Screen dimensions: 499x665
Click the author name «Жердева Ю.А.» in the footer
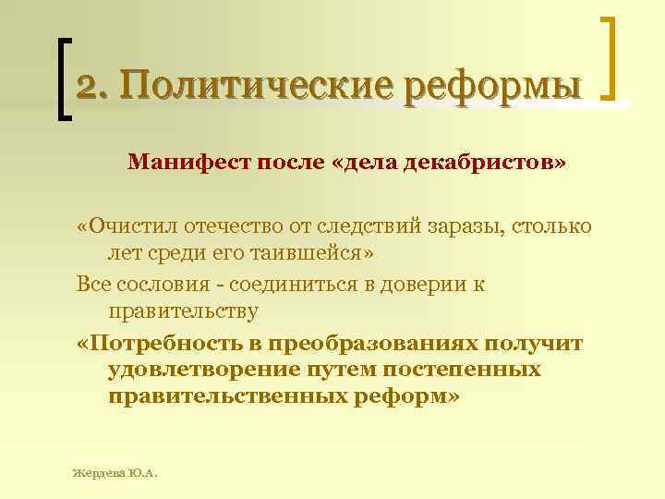[115, 472]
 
